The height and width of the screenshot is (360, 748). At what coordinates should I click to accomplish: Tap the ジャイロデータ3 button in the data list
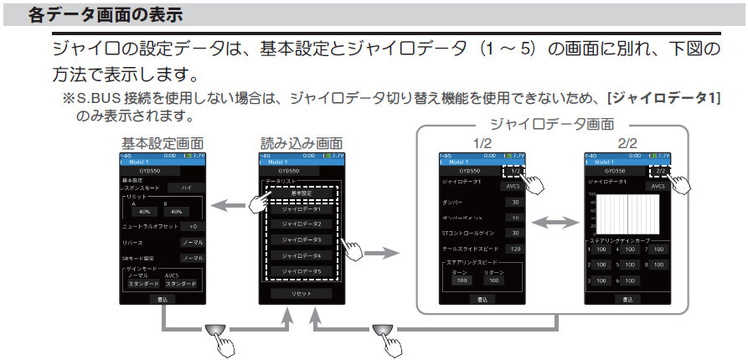301,240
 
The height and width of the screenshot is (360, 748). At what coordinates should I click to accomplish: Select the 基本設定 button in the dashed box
301,193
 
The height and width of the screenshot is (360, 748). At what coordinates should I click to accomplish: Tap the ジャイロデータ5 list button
301,272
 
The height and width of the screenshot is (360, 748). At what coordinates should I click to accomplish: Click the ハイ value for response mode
186,188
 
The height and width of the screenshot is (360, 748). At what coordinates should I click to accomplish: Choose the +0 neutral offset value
193,226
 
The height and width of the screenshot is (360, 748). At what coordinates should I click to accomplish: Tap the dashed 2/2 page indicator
660,172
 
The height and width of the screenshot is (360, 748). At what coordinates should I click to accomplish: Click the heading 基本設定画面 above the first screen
162,143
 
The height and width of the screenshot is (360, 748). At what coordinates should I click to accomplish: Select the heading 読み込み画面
301,143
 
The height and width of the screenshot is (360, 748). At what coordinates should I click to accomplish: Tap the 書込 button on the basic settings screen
163,298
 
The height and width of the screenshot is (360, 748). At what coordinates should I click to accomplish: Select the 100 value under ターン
459,281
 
